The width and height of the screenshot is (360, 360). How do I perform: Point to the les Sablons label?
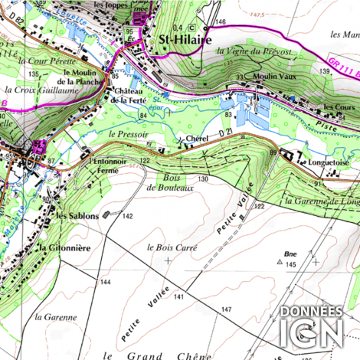coord(77,216)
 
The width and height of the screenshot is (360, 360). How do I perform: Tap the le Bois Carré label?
coord(172,248)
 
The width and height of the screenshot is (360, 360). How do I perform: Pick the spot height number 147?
coord(227,309)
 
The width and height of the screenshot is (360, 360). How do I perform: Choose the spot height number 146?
coord(221,23)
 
